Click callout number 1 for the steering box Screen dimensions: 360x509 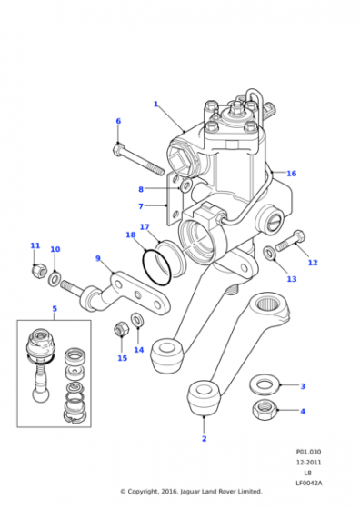[155, 105]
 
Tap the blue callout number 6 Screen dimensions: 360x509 [118, 121]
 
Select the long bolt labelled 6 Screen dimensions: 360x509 [138, 159]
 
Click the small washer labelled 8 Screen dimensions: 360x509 [186, 186]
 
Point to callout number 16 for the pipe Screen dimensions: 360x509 [292, 174]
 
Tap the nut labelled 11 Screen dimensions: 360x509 [40, 269]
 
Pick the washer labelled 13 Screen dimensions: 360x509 [269, 253]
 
